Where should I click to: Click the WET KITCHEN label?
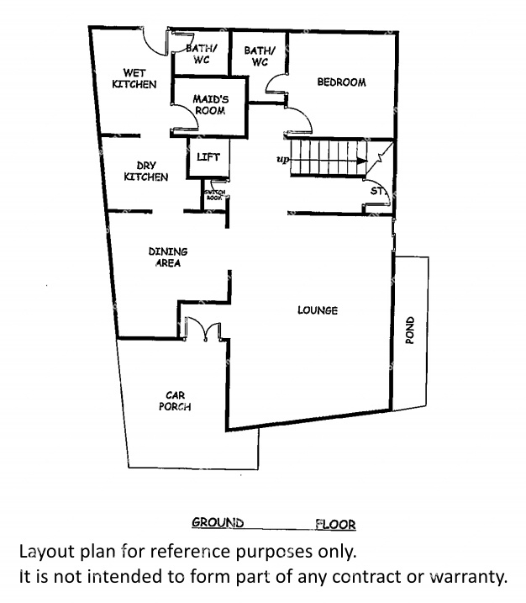(x=134, y=79)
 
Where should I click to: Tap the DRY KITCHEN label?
(x=146, y=172)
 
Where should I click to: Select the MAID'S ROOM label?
(x=210, y=104)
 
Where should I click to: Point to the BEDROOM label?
(x=341, y=82)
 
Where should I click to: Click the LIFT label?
(x=208, y=157)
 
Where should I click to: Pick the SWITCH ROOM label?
(x=215, y=195)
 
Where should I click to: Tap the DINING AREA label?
(x=167, y=257)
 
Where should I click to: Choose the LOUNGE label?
(x=318, y=310)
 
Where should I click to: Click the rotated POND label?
(x=410, y=331)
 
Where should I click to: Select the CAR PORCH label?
(x=175, y=400)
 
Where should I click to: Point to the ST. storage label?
(x=378, y=192)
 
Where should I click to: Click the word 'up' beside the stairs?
(x=282, y=159)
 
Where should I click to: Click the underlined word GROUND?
(x=218, y=522)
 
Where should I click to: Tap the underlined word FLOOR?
(x=335, y=525)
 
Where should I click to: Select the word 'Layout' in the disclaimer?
(x=45, y=553)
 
